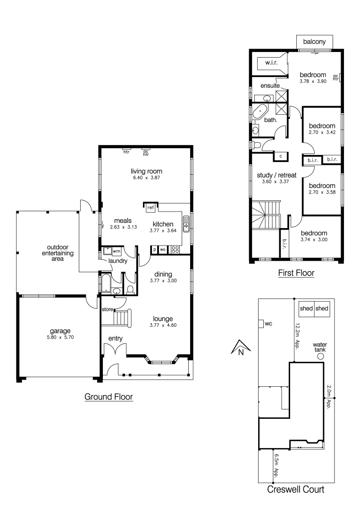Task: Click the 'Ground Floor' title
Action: tap(109, 397)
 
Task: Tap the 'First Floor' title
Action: tap(296, 273)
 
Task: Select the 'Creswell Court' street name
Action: tap(295, 490)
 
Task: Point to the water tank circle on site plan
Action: tap(320, 357)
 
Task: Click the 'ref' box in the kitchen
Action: tap(151, 207)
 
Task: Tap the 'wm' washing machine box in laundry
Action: tap(117, 252)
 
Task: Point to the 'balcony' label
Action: tap(314, 42)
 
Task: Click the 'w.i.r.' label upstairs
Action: tap(271, 62)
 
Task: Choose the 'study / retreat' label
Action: tap(276, 175)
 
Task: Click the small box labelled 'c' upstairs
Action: tap(281, 155)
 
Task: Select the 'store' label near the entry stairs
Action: tap(107, 310)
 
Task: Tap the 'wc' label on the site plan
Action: tap(268, 324)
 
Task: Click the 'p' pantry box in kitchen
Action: tap(154, 249)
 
